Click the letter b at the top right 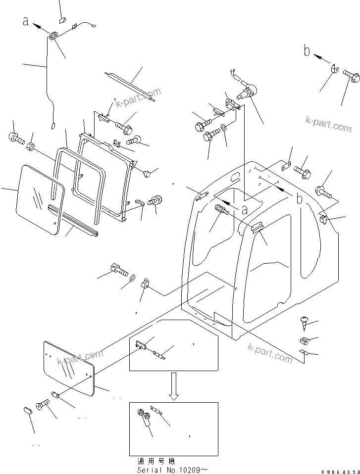coord(307,51)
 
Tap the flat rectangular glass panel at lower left coord(69,368)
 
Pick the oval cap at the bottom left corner coord(29,410)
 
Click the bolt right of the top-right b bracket coord(351,76)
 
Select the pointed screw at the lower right coord(304,322)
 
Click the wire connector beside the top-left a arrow coord(54,35)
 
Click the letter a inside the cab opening coord(244,209)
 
